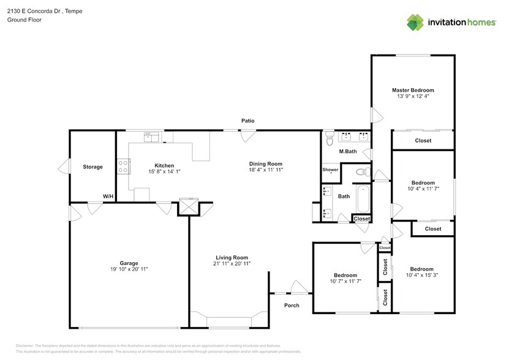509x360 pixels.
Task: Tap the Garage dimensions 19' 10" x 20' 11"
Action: [x=129, y=269]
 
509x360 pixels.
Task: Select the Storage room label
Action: [x=92, y=167]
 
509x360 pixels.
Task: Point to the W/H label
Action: [x=108, y=197]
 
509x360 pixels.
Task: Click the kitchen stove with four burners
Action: [x=124, y=165]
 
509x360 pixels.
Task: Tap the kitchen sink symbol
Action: [x=151, y=137]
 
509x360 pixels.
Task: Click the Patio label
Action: [x=247, y=121]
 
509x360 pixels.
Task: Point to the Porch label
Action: [x=292, y=305]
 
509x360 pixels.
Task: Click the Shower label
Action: [x=330, y=170]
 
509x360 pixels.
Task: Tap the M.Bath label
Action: [x=348, y=151]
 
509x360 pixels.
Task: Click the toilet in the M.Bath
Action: [x=329, y=136]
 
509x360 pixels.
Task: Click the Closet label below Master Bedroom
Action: [x=423, y=141]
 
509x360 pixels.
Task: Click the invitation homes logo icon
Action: [x=415, y=23]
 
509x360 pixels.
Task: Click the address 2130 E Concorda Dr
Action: [x=35, y=11]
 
